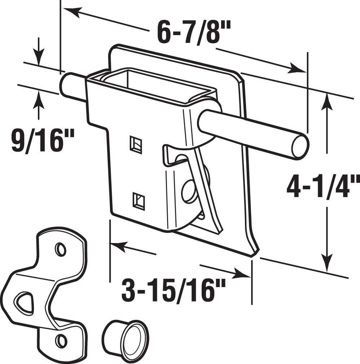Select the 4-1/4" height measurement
[322, 187]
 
